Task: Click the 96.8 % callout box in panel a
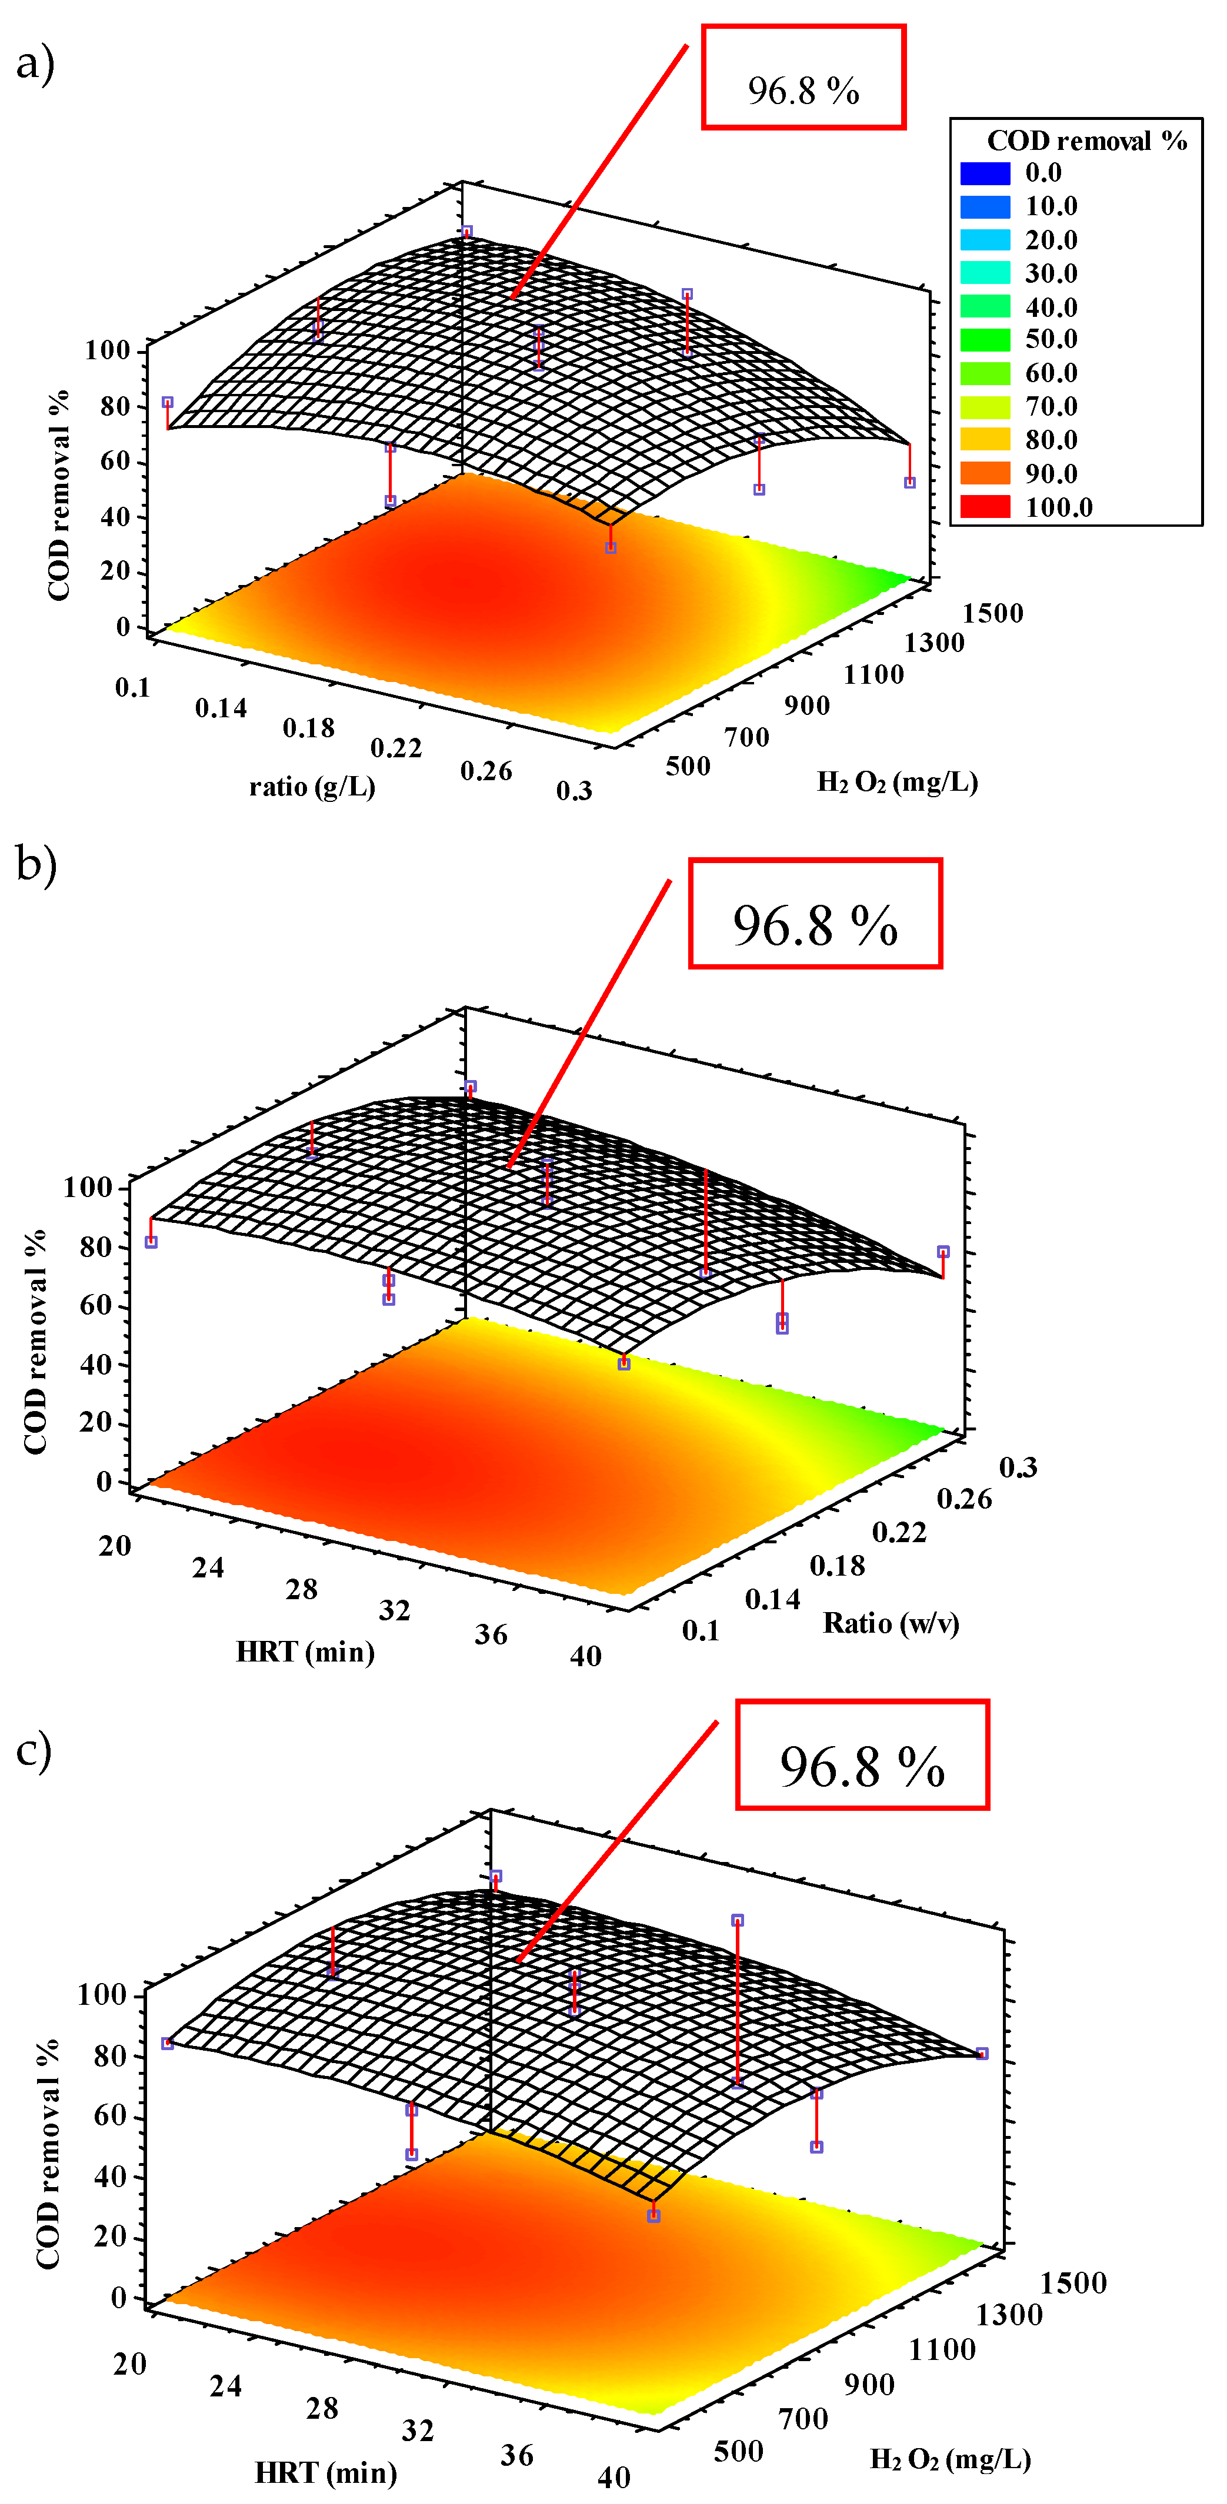[x=803, y=78]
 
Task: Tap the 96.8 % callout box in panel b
[x=815, y=914]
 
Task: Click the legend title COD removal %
[x=1086, y=142]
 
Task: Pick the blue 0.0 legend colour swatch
[x=985, y=173]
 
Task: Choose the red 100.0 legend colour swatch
[x=985, y=506]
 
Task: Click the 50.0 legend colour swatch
[x=985, y=339]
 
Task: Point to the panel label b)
[x=36, y=863]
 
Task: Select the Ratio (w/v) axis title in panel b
[x=891, y=1623]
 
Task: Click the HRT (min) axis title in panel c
[x=326, y=2472]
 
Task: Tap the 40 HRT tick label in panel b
[x=585, y=1656]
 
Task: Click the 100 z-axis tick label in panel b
[x=88, y=1187]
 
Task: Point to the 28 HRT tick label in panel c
[x=322, y=2409]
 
